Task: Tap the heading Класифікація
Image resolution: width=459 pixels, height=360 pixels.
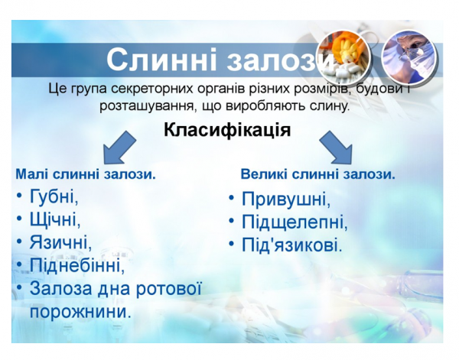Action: point(227,129)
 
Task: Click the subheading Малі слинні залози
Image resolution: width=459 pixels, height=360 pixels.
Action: point(86,174)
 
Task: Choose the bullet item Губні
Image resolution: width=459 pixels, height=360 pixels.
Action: point(54,196)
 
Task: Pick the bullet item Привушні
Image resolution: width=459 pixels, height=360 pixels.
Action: point(286,199)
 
